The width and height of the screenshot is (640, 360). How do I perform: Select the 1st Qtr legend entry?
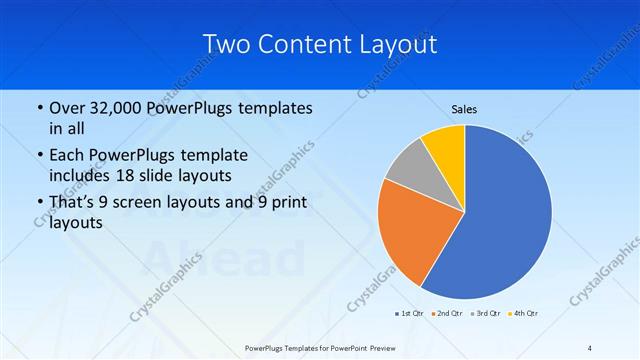tap(408, 314)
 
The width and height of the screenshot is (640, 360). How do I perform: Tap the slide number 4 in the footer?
tap(590, 347)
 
